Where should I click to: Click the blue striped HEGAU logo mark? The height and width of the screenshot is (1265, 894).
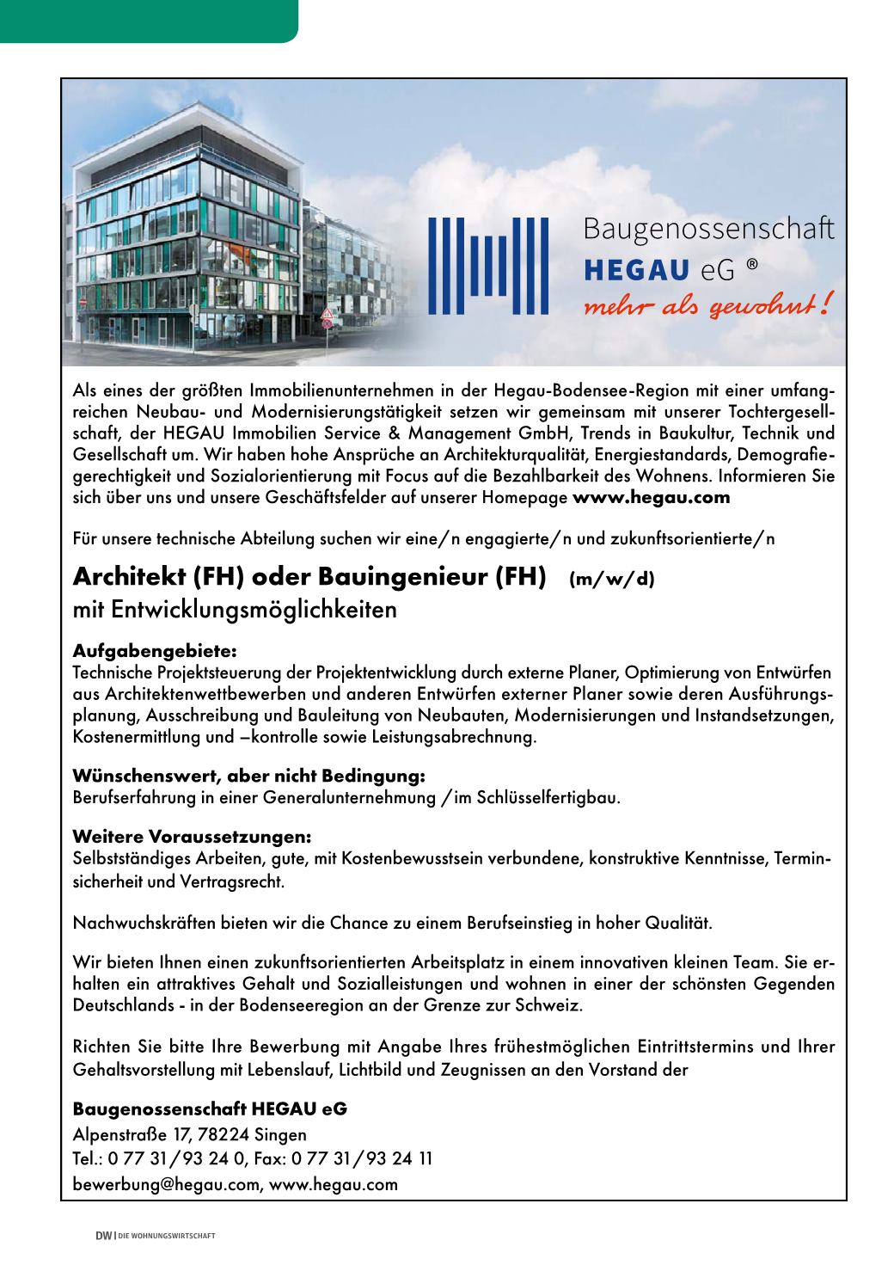(x=488, y=266)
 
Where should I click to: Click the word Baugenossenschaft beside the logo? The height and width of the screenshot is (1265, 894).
(x=708, y=230)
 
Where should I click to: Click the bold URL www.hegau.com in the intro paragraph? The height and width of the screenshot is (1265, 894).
(x=651, y=497)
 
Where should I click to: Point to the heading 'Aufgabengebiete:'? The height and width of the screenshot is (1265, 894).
(x=154, y=651)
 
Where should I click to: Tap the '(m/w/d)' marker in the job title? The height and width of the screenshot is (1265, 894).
(x=611, y=580)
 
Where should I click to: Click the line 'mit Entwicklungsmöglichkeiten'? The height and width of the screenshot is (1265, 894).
(x=235, y=611)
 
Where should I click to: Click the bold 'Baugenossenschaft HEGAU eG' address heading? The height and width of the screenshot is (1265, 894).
(x=210, y=1109)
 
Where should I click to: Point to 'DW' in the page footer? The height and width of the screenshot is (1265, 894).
(x=103, y=1237)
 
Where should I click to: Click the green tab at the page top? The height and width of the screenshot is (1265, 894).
(x=148, y=20)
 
